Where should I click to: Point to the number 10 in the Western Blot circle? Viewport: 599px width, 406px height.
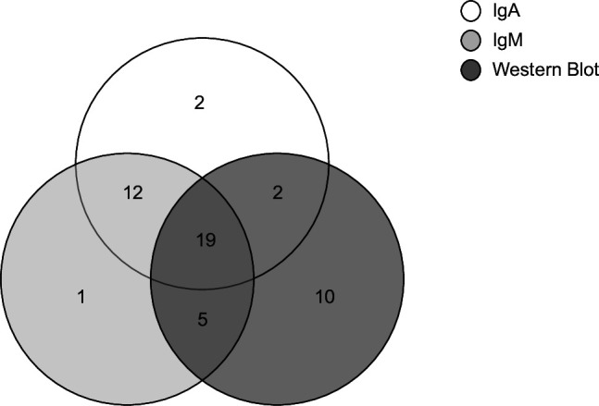pos(325,297)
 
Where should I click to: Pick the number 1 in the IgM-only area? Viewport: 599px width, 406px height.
pos(81,297)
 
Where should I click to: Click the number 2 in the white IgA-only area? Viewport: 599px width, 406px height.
pos(201,105)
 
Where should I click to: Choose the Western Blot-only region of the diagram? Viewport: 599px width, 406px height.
pos(343,333)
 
